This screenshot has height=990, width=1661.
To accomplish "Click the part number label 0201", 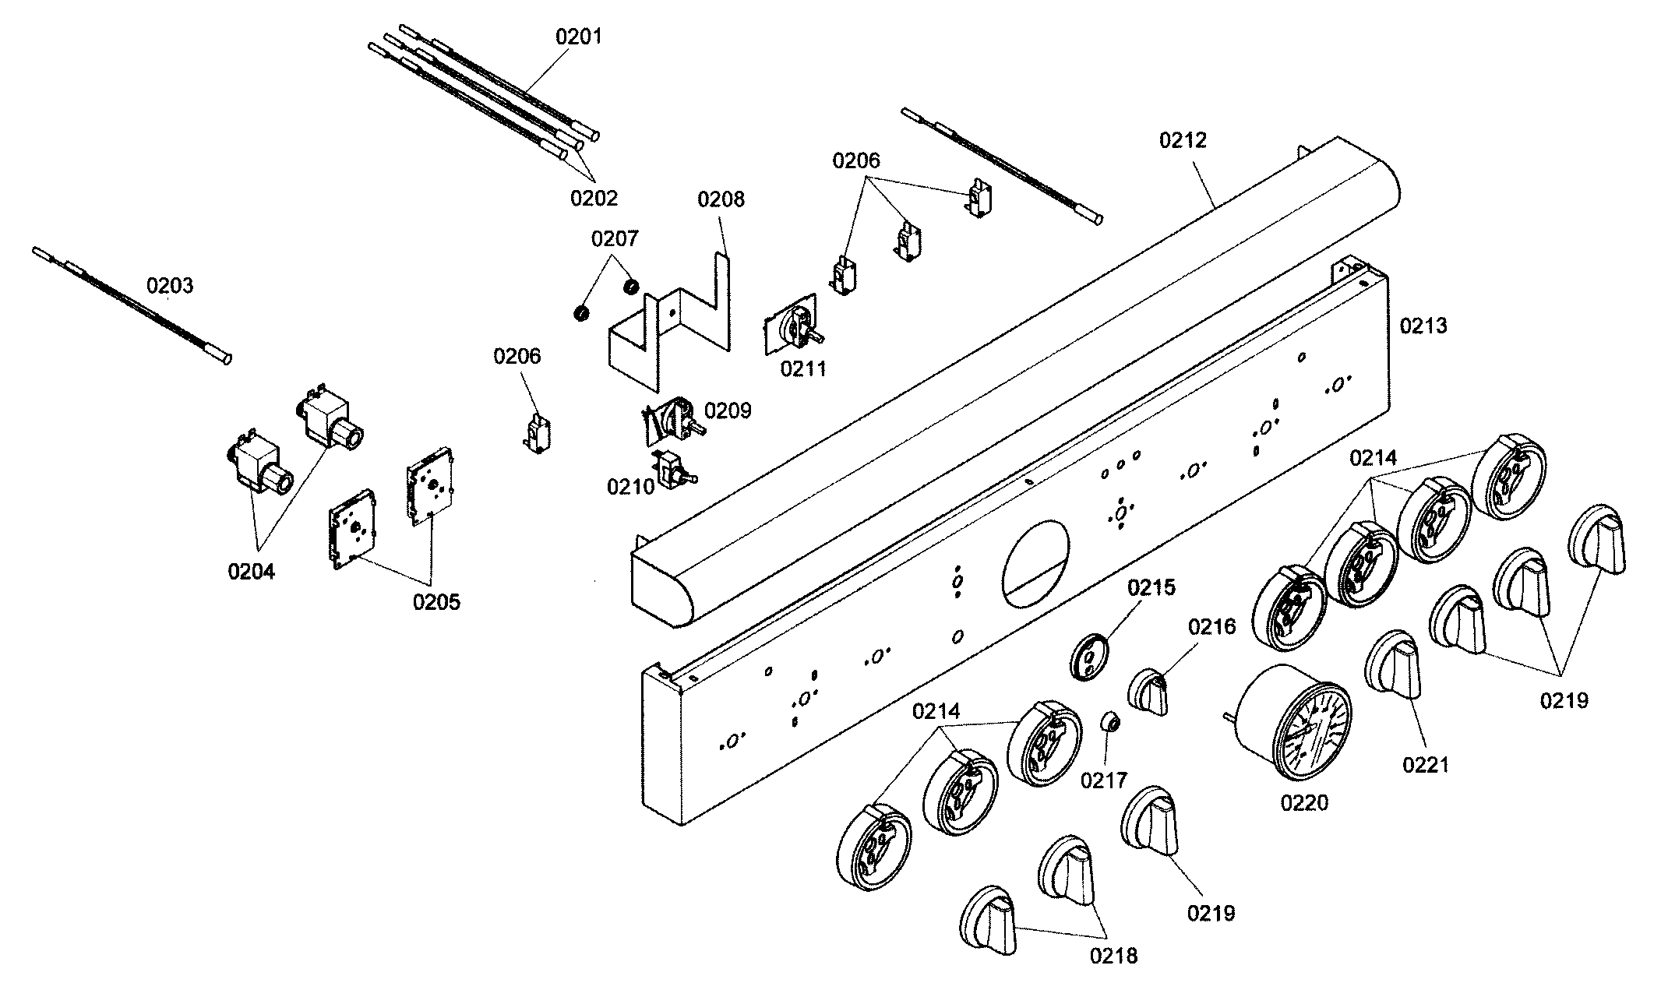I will pyautogui.click(x=578, y=37).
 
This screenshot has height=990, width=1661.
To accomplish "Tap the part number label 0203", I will pyautogui.click(x=170, y=286).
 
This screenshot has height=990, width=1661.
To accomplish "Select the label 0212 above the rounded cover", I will pyautogui.click(x=1183, y=140).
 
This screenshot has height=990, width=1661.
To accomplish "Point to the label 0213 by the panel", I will pyautogui.click(x=1423, y=326).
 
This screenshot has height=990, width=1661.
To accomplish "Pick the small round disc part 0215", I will pyautogui.click(x=1089, y=657).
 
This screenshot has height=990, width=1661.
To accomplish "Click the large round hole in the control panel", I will pyautogui.click(x=1036, y=564).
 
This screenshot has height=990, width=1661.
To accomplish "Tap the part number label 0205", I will pyautogui.click(x=436, y=601).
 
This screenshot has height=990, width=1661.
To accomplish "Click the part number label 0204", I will pyautogui.click(x=251, y=572).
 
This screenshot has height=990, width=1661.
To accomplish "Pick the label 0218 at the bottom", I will pyautogui.click(x=1113, y=956).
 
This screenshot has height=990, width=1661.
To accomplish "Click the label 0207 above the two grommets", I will pyautogui.click(x=614, y=239).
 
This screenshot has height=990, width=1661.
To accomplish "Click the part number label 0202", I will pyautogui.click(x=594, y=198).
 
